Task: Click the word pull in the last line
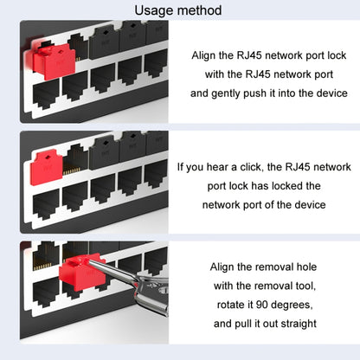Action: tap(248, 324)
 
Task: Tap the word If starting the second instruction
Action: tap(181, 166)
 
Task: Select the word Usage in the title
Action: tap(155, 10)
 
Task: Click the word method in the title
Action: tap(200, 10)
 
